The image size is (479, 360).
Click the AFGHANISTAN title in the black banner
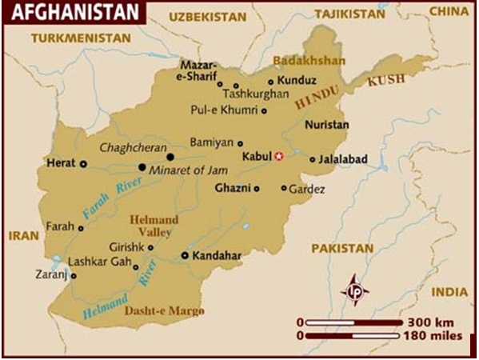point(67,11)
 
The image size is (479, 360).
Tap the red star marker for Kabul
point(278,156)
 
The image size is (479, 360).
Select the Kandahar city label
point(217,256)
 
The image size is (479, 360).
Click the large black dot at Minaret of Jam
point(142,167)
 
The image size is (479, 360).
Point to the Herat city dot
point(83,163)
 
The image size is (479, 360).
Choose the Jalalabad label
point(343,159)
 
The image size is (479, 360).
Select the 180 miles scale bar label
point(435,336)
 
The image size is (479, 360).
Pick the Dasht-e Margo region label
point(164,310)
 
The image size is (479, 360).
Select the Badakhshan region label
point(309,61)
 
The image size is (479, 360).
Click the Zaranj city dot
point(74,276)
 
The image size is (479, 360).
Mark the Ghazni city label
point(232,189)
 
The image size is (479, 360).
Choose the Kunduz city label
point(297,81)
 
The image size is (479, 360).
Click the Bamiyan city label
point(211,142)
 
